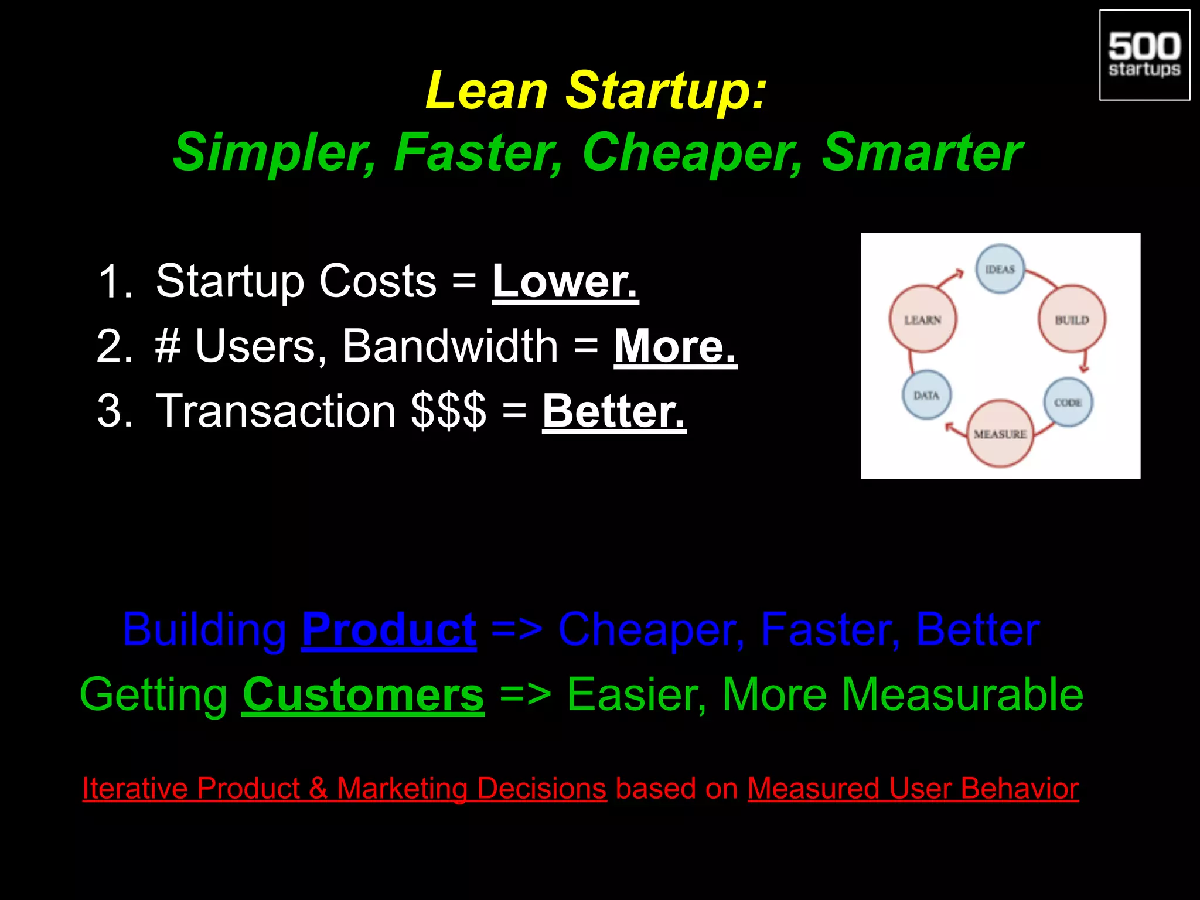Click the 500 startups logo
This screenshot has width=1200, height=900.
point(1144,55)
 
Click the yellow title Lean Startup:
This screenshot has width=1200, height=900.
point(596,91)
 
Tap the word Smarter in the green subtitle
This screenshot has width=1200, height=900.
point(921,152)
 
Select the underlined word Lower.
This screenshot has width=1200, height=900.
point(565,282)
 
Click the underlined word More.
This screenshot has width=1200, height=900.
point(675,347)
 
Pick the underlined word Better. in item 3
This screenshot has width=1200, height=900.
point(613,411)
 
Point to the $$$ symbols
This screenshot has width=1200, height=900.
point(448,411)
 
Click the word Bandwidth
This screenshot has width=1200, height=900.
point(450,347)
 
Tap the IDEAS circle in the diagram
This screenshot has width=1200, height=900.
point(1000,269)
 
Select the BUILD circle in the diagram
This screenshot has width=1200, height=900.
point(1072,319)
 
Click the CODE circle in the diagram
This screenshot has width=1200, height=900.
point(1068,403)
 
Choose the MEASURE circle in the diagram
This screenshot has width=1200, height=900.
point(1000,434)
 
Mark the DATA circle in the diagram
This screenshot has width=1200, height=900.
point(926,396)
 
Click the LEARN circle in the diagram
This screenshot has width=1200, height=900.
point(923,319)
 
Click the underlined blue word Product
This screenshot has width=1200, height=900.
point(388,630)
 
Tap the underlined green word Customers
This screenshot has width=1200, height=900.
point(363,695)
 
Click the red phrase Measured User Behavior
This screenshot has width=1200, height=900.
point(913,789)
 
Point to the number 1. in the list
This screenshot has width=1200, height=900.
point(115,282)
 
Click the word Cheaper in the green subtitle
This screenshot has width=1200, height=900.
point(691,152)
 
